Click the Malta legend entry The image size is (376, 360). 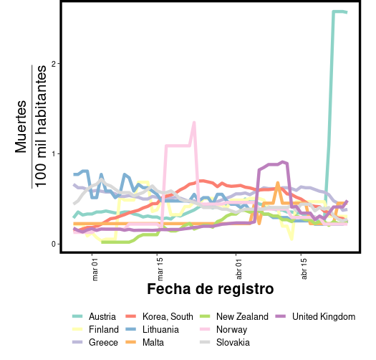click(153, 343)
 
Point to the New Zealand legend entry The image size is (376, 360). click(242, 317)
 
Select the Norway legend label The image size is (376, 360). click(231, 330)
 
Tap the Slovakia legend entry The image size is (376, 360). click(233, 343)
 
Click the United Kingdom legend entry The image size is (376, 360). click(324, 317)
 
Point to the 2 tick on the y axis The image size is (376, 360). click(54, 64)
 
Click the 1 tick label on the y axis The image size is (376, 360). click(54, 153)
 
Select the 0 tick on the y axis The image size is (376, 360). click(54, 244)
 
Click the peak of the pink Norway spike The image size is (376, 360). click(194, 123)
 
